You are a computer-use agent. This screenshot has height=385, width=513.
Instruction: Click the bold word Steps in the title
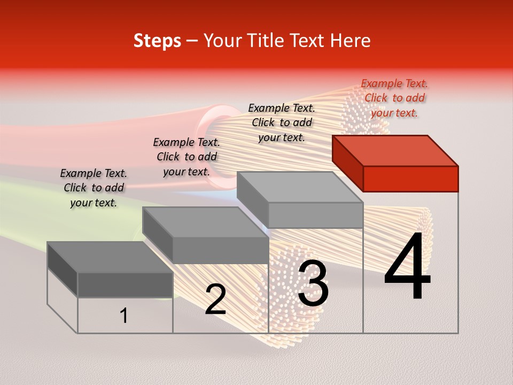click(x=157, y=41)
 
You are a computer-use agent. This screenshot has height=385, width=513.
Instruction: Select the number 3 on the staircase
click(x=313, y=284)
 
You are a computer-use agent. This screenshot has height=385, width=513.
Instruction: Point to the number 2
click(x=215, y=299)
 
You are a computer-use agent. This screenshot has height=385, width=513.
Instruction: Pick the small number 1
click(x=123, y=315)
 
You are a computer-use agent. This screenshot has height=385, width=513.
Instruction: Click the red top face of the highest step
click(x=395, y=150)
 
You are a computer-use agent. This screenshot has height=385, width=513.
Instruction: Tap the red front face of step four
click(x=410, y=179)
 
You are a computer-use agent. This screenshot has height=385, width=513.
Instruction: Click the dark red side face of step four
click(x=347, y=163)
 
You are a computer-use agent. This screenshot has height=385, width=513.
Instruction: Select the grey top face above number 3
click(x=299, y=187)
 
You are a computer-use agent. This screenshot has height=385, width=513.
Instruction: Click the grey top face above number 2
click(x=206, y=222)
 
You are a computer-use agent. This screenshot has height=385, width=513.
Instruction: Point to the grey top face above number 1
click(x=110, y=257)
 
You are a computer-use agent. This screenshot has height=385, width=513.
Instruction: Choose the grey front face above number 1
click(x=125, y=284)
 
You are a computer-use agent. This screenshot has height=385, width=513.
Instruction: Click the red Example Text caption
click(x=394, y=98)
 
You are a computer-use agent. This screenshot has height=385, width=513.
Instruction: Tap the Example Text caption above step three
click(x=282, y=122)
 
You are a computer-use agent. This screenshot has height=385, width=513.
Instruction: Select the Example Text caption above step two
click(x=186, y=157)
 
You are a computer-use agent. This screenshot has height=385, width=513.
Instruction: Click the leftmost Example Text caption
click(x=94, y=188)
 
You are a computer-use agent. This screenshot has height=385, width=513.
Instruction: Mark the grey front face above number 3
click(x=315, y=215)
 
